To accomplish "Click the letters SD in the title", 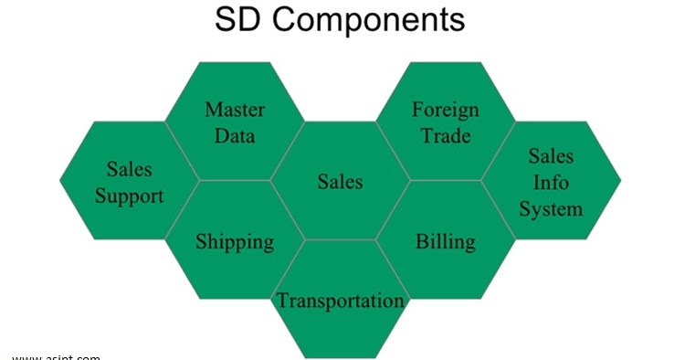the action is point(237,19).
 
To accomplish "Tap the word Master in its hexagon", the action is point(235,111).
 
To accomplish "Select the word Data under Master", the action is point(235,137).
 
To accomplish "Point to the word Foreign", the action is point(445,111).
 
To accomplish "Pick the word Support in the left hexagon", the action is point(130,196).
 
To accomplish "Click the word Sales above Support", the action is point(130,169).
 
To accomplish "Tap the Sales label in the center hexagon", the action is point(340,182).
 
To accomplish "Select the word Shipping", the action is point(235,241).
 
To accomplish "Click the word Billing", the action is point(445,241).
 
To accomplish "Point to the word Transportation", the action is point(340,301).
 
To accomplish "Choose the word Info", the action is point(551,182).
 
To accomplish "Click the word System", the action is point(551,208).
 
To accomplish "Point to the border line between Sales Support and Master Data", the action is point(183,150).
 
